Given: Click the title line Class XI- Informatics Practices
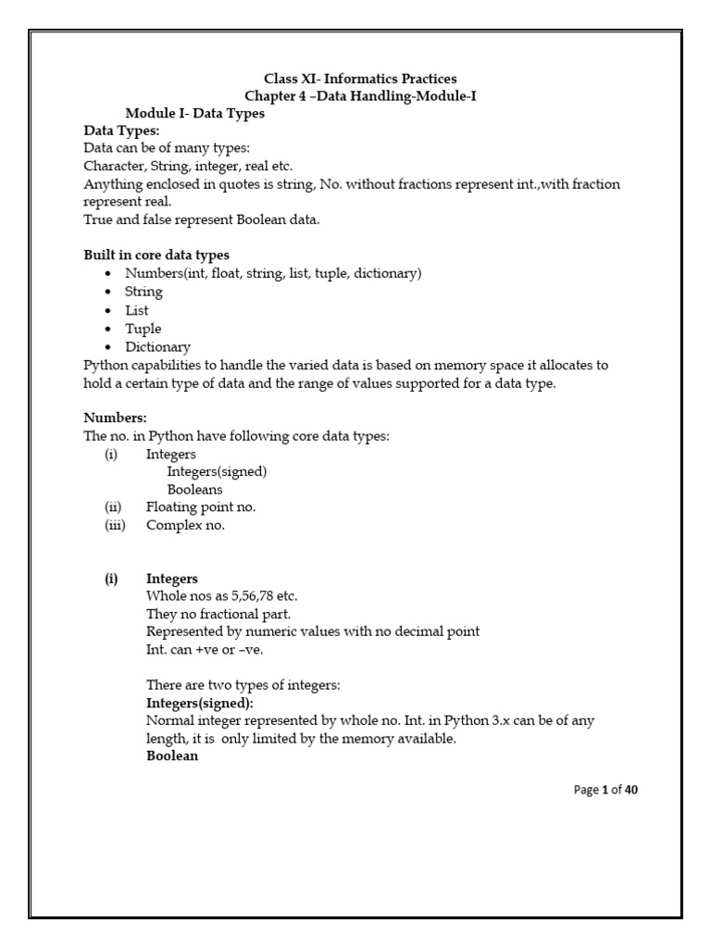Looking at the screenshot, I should point(360,79).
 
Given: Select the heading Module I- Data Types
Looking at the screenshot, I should point(194,114).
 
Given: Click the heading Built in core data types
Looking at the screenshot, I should point(156,255).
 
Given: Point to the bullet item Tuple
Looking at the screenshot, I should point(143,329).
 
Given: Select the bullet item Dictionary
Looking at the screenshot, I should point(157,346).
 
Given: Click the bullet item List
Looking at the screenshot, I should point(137,310).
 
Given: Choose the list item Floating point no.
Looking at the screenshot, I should point(200,506).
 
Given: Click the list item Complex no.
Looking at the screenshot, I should point(185,525).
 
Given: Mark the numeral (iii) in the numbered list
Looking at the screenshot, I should point(115,525).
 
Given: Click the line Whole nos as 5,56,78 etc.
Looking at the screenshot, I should point(222,596).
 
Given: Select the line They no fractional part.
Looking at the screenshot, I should point(218,614).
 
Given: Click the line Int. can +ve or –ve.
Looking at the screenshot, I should point(205,649).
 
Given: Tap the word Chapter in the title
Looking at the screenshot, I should point(271,96).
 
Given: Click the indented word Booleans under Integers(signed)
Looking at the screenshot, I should point(194,489).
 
